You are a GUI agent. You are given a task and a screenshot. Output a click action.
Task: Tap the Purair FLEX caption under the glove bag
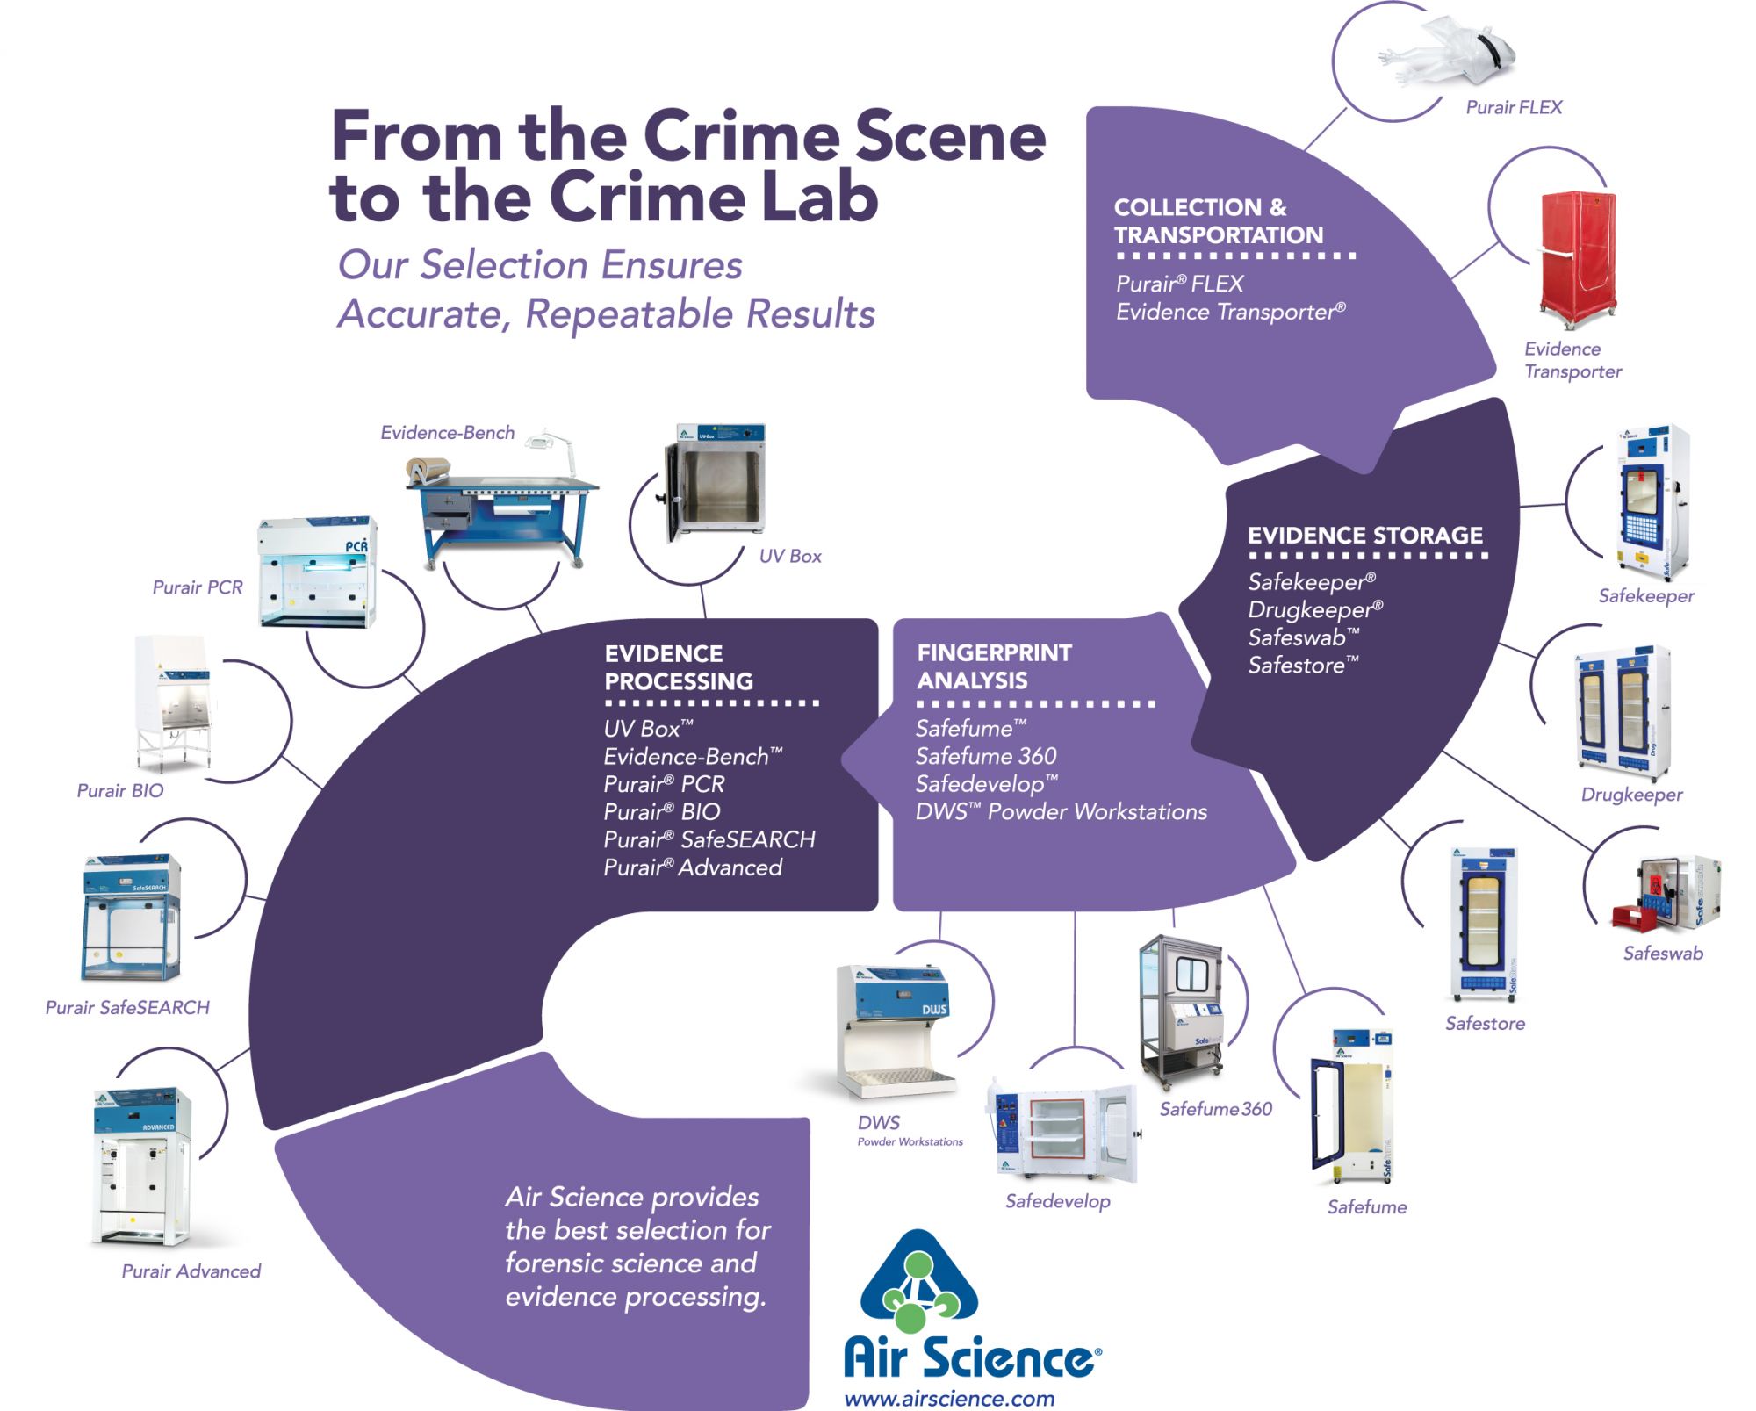[1514, 107]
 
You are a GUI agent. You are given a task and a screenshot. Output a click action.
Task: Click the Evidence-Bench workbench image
[500, 505]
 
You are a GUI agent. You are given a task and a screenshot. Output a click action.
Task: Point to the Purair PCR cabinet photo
[318, 572]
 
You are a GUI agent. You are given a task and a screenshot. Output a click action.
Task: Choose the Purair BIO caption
[120, 790]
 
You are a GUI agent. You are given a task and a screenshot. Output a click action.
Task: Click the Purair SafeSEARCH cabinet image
[132, 917]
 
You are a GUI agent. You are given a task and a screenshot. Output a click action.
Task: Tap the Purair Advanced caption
[191, 1271]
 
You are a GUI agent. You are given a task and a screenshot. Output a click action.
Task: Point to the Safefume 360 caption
[1215, 1109]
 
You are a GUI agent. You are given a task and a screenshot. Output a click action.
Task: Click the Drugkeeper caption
[1631, 795]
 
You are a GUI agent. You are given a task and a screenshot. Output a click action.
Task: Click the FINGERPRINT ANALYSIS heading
[994, 666]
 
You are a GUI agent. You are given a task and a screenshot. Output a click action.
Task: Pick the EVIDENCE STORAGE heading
[1365, 536]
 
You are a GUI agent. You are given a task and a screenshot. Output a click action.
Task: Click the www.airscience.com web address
[949, 1399]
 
